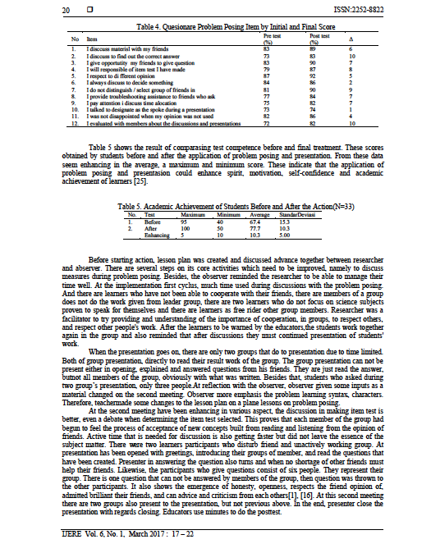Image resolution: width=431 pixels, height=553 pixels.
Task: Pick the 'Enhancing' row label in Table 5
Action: coord(158,235)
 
